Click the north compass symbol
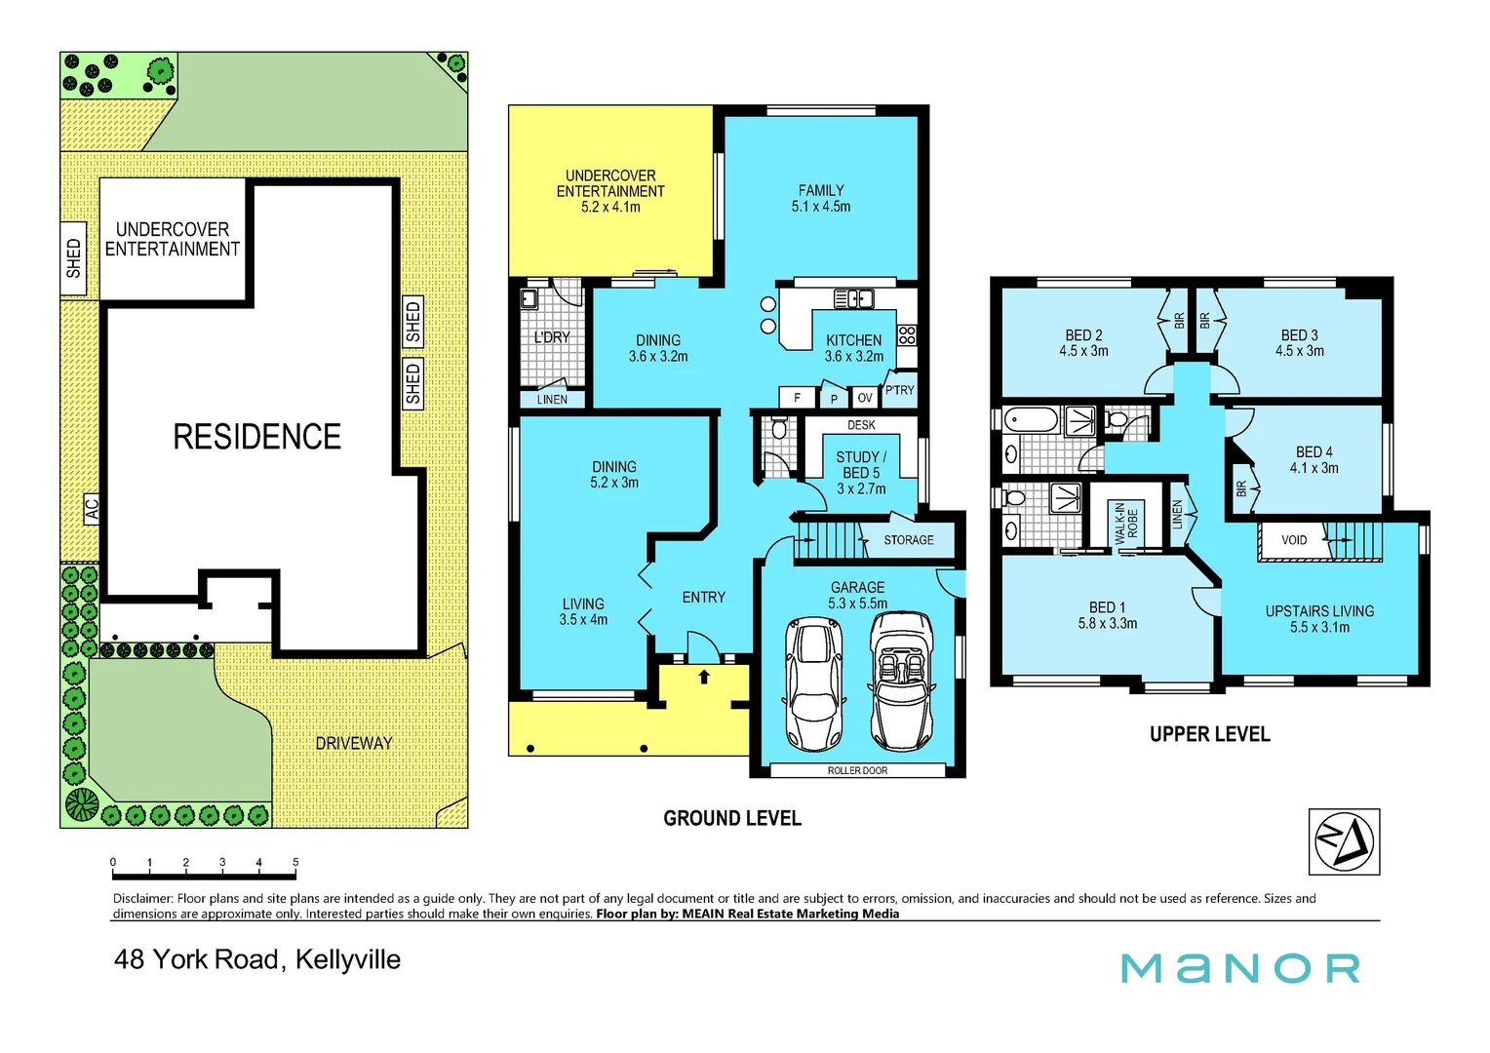point(1344,841)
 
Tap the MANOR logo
point(1239,968)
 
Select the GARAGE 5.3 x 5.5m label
point(857,595)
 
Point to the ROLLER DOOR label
point(857,770)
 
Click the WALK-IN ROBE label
point(1126,524)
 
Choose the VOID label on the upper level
point(1294,540)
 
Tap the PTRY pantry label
point(899,390)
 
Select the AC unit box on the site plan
point(92,508)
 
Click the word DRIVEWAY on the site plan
point(353,743)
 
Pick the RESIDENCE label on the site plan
point(256,437)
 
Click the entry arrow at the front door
point(704,676)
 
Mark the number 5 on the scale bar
point(295,862)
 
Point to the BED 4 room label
point(1314,460)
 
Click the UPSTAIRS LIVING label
point(1319,619)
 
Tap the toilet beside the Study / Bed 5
point(778,429)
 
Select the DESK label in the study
point(861,425)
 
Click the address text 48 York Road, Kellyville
point(257,959)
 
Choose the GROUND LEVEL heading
point(732,819)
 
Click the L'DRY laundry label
point(552,337)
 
